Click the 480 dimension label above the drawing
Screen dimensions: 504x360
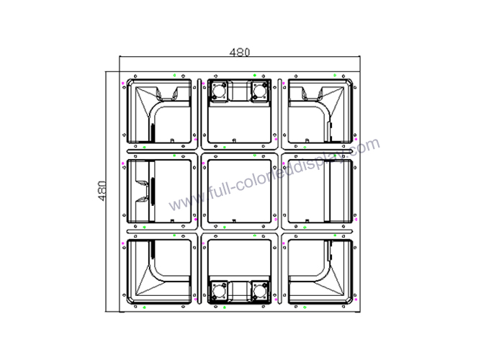click(x=240, y=52)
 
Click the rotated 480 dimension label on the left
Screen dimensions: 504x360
click(x=102, y=191)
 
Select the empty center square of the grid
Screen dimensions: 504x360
click(x=240, y=192)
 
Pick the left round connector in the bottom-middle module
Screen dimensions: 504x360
click(x=219, y=292)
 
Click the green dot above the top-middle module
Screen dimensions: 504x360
click(x=255, y=75)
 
